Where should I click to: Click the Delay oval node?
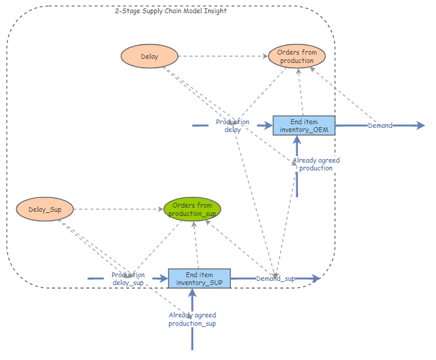(x=150, y=57)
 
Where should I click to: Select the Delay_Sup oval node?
(x=45, y=209)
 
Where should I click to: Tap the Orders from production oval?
(x=297, y=57)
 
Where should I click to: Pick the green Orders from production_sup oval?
(x=193, y=209)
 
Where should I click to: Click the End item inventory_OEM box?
(x=303, y=126)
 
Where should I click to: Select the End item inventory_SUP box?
(x=199, y=278)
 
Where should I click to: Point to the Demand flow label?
(x=380, y=126)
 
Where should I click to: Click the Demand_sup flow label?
(x=275, y=279)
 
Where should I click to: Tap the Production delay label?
(x=233, y=125)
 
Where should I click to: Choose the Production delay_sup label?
(x=128, y=278)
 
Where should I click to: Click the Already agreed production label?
(x=315, y=164)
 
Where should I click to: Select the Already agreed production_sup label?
(x=192, y=319)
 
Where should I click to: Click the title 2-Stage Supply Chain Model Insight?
(x=171, y=11)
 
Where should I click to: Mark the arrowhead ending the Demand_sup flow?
(x=317, y=278)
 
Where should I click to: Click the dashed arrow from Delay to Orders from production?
(x=222, y=57)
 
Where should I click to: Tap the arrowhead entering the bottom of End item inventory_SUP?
(x=193, y=292)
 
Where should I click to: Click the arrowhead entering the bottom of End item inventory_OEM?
(x=297, y=140)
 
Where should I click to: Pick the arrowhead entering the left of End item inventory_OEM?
(x=269, y=126)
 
